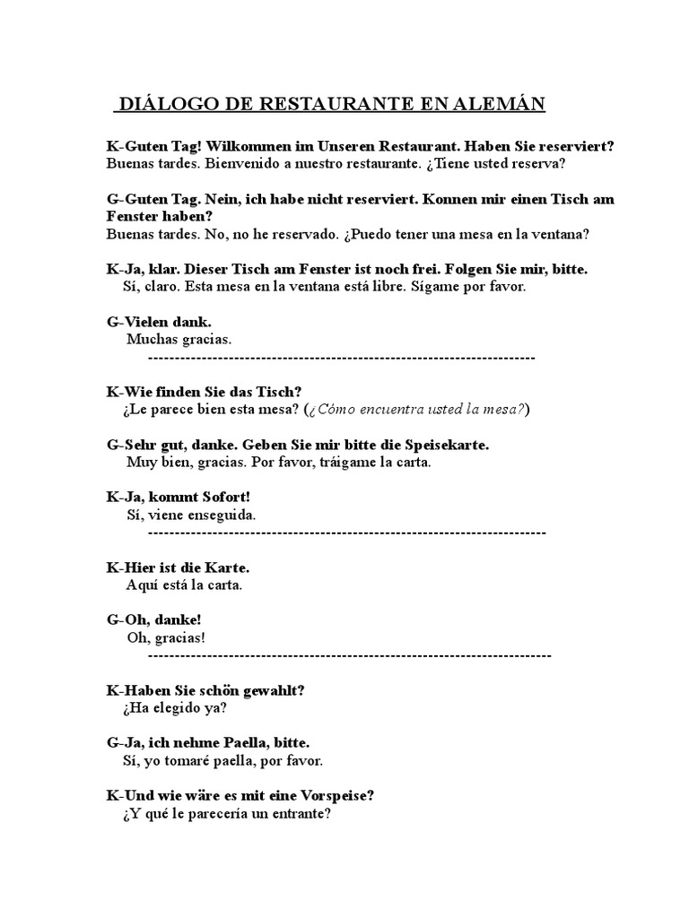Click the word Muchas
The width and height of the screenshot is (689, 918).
pos(153,339)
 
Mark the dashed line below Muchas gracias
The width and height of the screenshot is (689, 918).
pos(341,357)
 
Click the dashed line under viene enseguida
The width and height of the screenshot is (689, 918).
pos(346,533)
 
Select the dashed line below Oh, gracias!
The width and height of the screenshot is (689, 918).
pos(349,655)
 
